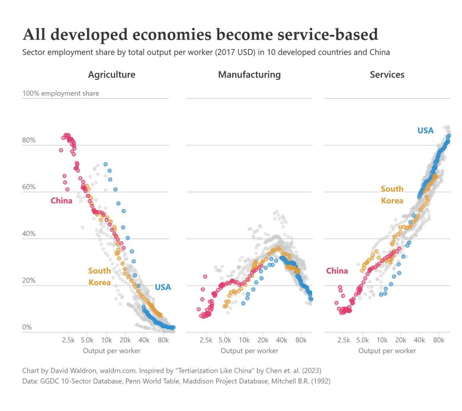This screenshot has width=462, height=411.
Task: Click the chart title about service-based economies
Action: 200,33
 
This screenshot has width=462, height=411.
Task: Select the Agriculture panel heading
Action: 111,75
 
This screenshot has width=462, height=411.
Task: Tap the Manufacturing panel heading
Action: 249,75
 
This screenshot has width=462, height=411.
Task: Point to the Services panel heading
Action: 387,75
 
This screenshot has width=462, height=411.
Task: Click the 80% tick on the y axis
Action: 29,141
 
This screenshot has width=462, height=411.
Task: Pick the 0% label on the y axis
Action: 27,328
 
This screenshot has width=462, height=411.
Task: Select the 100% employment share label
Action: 61,93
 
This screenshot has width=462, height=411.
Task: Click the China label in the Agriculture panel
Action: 62,200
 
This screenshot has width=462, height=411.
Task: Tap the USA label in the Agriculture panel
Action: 163,287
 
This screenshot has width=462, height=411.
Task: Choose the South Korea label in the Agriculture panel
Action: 100,276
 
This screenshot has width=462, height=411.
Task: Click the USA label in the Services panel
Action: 425,130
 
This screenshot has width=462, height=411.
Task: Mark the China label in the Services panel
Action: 337,271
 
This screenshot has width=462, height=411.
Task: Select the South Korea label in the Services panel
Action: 392,195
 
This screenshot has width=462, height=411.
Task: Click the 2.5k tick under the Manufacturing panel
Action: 206,341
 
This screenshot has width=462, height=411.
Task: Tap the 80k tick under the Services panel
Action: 439,341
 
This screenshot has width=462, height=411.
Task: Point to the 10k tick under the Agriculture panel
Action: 107,341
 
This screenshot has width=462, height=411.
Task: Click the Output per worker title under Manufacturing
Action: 249,351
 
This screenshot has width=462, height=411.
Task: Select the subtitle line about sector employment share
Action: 206,52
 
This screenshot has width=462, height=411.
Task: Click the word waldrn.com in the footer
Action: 123,370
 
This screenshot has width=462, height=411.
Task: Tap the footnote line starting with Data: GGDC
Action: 175,381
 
